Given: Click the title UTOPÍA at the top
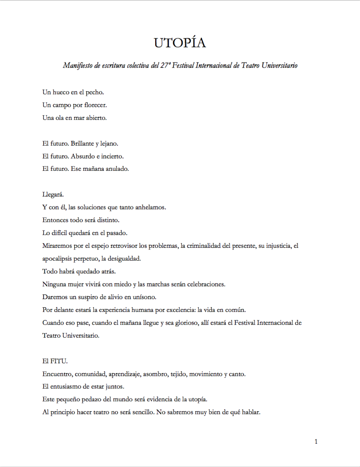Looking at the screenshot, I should (x=180, y=43).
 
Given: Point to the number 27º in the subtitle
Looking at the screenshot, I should (x=165, y=65).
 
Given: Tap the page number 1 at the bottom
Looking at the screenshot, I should (x=316, y=442).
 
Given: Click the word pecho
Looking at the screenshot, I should (x=95, y=93).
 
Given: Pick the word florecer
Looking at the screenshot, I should (x=95, y=105).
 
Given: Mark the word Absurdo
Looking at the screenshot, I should (x=83, y=156).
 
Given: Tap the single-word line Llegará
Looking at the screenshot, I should (x=53, y=195).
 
